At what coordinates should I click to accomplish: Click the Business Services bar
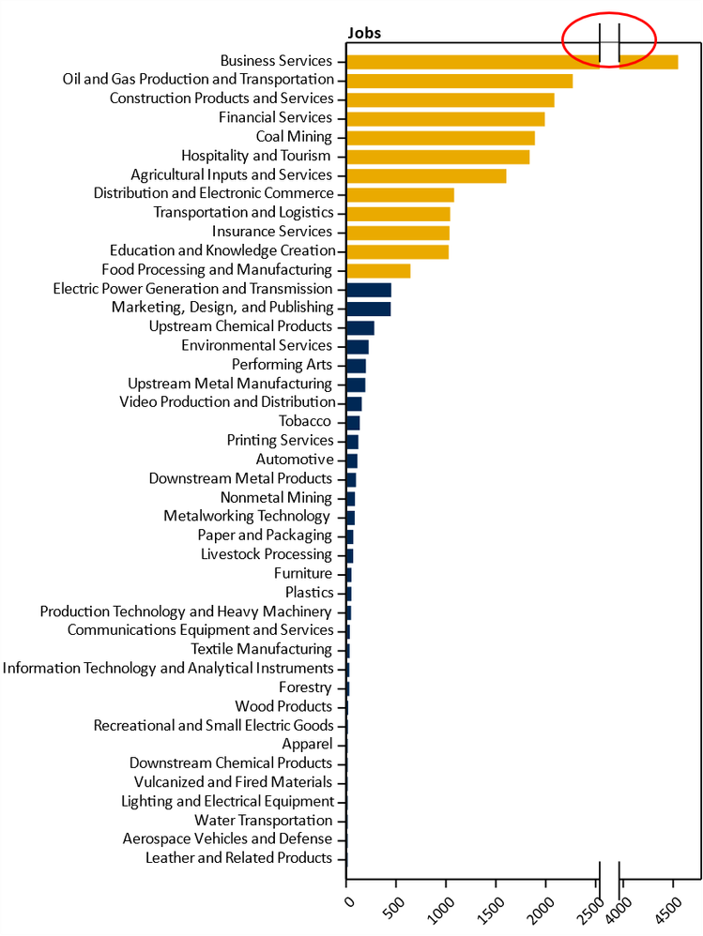469,62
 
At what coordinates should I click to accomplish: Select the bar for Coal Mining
440,138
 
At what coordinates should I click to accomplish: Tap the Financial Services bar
445,119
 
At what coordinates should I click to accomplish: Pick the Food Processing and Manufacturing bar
378,271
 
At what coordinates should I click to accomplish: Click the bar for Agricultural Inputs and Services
426,175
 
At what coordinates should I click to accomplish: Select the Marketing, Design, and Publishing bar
368,309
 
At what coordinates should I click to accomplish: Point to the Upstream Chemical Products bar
359,327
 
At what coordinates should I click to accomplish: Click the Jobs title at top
364,34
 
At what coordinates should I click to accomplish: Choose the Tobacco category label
305,422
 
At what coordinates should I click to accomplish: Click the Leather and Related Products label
239,858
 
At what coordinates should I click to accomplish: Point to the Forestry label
305,687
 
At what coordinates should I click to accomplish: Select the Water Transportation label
264,821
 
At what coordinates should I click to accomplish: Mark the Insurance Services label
272,232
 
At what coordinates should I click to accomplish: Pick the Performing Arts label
282,365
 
